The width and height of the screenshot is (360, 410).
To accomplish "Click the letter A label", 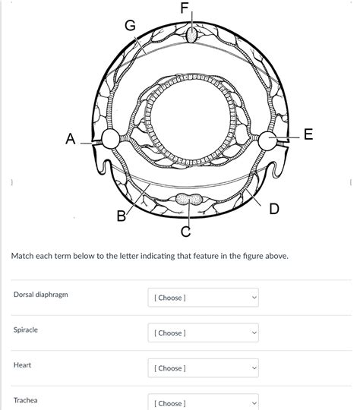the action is (x=71, y=139).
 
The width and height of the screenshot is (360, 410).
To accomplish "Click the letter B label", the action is (x=121, y=216).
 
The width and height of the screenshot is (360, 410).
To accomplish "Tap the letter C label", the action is (x=186, y=232).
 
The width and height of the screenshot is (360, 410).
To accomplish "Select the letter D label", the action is (x=274, y=209).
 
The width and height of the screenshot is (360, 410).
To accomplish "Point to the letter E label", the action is (x=308, y=134).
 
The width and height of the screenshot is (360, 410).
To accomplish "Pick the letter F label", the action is (x=185, y=8).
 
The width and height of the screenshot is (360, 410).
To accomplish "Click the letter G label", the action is (x=131, y=26).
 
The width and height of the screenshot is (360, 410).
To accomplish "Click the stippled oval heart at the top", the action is (x=192, y=35).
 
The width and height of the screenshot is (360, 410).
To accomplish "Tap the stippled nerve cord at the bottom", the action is (x=189, y=199).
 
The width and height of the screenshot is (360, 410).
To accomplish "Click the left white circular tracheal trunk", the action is (x=110, y=139).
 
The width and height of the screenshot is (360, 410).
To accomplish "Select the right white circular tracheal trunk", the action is (x=267, y=140).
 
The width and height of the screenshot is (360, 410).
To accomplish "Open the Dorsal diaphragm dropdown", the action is (x=204, y=298).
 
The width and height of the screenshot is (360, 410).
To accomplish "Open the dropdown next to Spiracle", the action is (x=204, y=333).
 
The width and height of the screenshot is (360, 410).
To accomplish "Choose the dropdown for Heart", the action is (x=204, y=368).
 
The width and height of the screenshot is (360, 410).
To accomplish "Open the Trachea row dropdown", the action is (x=204, y=402).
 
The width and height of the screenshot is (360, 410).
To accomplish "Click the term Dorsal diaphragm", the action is (x=41, y=295).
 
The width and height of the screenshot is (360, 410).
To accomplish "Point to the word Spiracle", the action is (x=26, y=330).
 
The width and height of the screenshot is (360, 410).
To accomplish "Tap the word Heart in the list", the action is (x=22, y=365).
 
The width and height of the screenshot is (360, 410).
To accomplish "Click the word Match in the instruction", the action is (x=22, y=256).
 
